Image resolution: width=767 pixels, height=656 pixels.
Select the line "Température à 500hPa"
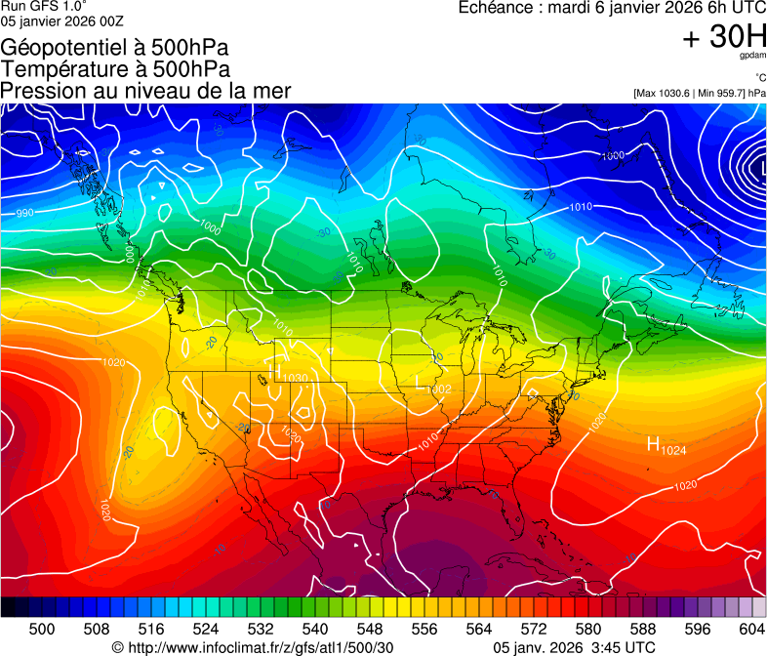coord(115,69)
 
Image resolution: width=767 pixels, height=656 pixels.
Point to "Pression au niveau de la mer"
coord(145,91)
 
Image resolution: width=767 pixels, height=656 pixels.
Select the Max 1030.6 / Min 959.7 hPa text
coord(699,93)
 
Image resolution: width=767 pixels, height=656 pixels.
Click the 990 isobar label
coord(25,213)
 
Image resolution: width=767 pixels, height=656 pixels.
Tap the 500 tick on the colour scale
coord(42,629)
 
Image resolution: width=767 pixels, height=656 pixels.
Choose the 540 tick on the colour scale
coord(315,629)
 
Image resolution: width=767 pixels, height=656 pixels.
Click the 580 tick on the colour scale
coord(588,629)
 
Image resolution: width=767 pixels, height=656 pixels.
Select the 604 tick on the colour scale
coord(752,629)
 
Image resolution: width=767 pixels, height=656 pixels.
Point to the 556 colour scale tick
coord(424,629)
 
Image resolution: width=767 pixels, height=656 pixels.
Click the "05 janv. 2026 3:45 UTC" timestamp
coord(575,647)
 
